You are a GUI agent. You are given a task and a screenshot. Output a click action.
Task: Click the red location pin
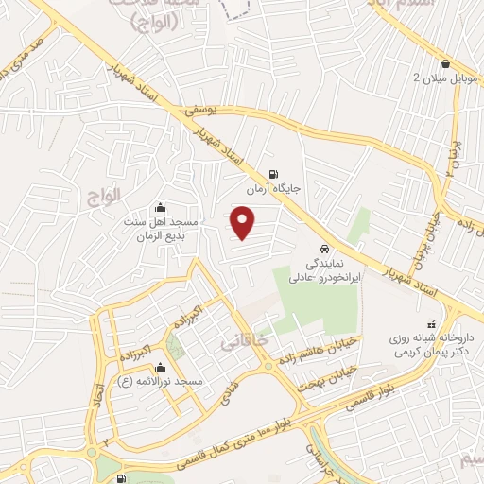tap(244, 223)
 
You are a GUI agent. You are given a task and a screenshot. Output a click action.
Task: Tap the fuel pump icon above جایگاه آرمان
tap(274, 174)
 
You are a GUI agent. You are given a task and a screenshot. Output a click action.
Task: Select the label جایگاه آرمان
tap(273, 189)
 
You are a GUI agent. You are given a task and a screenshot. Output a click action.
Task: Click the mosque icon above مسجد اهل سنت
tap(158, 207)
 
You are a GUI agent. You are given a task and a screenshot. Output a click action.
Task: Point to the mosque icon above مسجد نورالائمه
tap(160, 367)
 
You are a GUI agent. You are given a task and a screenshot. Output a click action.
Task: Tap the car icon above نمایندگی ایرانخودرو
tap(324, 239)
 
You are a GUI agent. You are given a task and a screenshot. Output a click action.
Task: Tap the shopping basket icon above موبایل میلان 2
tap(443, 64)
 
